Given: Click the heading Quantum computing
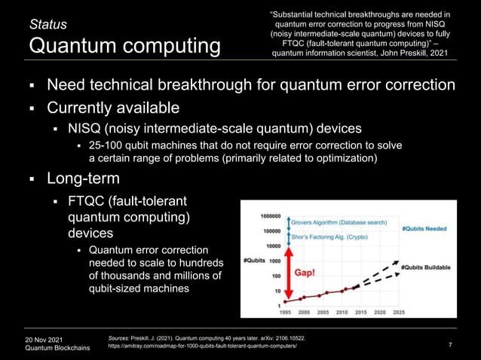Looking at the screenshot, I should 125,47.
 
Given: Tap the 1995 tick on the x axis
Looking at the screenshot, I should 286,311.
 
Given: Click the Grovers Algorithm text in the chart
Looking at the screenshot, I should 336,222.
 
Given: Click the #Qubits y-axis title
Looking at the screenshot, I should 253,261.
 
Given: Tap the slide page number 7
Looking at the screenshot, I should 450,346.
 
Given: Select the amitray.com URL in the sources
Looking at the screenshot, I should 204,349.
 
